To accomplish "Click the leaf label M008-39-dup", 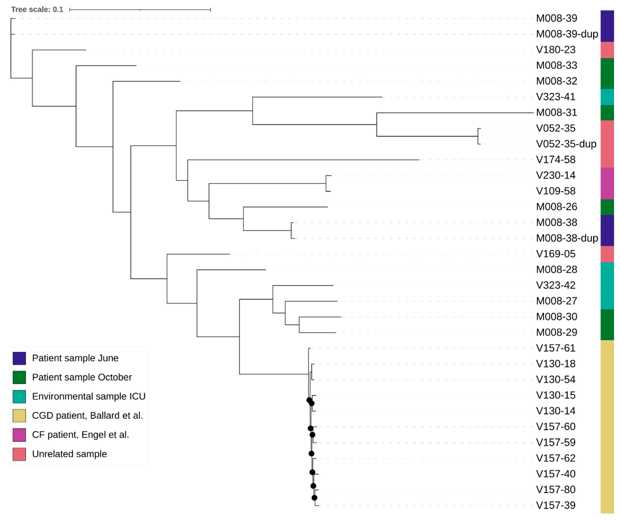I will pos(567,34).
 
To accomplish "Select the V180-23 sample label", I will pos(556,50).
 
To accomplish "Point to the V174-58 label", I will pos(556,160).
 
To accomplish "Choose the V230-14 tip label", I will pos(556,175).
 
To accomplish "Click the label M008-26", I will pos(557,207).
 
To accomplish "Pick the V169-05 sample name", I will pos(556,254).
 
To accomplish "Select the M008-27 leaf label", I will pos(557,301).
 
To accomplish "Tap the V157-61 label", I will pos(556,348).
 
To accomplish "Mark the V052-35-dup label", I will pos(566,144).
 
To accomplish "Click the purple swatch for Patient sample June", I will pos(19,358).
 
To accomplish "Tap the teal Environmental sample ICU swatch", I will pos(19,396).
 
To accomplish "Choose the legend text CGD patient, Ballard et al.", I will pos(87,416).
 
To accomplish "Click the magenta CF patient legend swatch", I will pos(19,435).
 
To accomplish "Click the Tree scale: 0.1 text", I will pos(37,9).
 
